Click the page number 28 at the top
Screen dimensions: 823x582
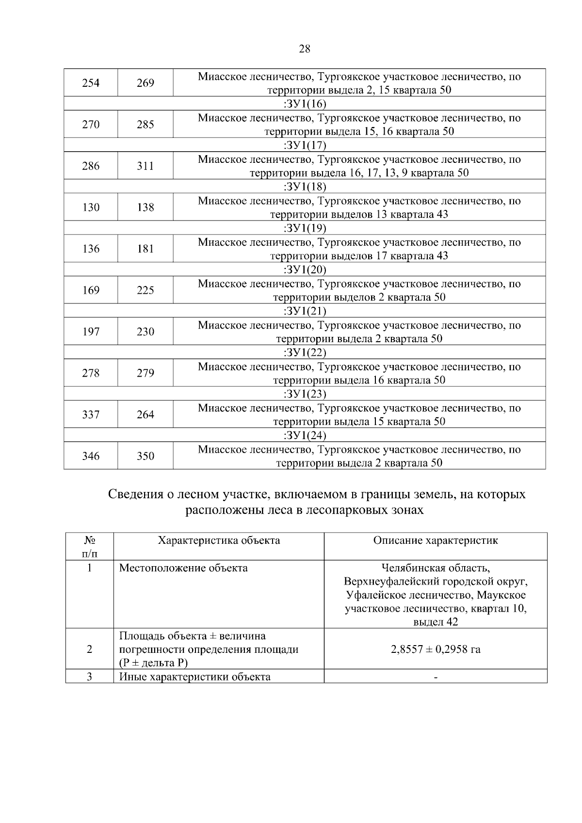[305, 49]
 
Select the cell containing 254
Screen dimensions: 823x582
[91, 83]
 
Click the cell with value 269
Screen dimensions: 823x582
[145, 83]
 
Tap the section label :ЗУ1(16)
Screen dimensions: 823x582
[305, 104]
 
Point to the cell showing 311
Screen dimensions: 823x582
[145, 166]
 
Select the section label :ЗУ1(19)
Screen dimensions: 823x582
[305, 228]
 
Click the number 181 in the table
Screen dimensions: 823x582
[145, 249]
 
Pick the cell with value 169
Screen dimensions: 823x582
[91, 290]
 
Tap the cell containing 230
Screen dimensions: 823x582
[145, 332]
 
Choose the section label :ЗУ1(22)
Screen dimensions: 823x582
[305, 352]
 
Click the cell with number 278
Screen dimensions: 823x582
[91, 373]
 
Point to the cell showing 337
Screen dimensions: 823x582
[91, 414]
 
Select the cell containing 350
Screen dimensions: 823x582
[145, 456]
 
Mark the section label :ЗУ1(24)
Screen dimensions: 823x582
[305, 435]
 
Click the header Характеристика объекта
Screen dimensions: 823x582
[219, 540]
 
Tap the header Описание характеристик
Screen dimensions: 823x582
[436, 540]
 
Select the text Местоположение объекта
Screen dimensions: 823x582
[183, 568]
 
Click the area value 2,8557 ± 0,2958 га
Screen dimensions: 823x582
[436, 649]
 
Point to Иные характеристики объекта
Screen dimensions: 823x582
[195, 677]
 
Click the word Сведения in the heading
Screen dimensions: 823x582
[135, 495]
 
